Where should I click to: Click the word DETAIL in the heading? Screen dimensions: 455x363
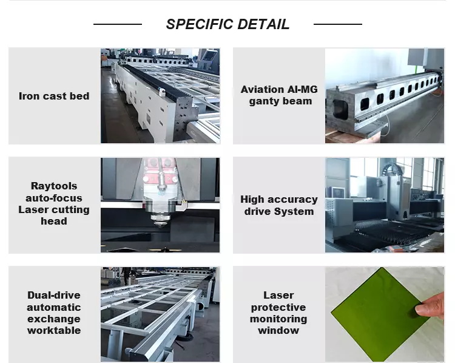[x=264, y=24]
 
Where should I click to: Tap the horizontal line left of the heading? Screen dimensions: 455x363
[x=118, y=24]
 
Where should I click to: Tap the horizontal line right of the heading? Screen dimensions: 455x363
[x=338, y=24]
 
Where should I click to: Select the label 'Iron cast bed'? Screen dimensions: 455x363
[x=54, y=96]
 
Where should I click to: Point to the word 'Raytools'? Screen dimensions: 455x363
[x=54, y=186]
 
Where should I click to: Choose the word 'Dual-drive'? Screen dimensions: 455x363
[x=54, y=296]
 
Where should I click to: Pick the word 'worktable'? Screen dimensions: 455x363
[x=54, y=330]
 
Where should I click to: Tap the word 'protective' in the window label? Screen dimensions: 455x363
[x=278, y=307]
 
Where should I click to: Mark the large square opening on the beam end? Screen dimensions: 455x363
[x=340, y=109]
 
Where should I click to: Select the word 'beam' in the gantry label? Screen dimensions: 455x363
[x=298, y=101]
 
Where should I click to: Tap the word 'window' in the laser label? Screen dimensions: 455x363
[x=278, y=330]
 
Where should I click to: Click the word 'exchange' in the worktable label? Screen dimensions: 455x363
[x=54, y=319]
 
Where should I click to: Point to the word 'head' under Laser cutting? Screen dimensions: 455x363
[x=54, y=222]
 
